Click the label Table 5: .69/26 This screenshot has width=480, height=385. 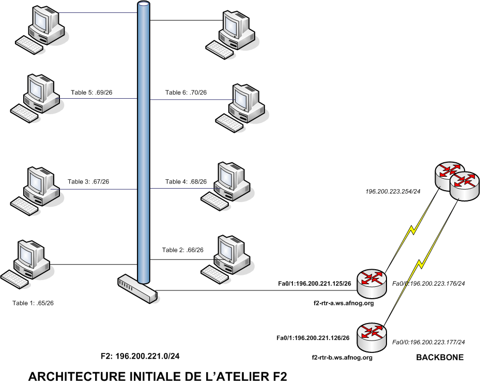tap(91, 93)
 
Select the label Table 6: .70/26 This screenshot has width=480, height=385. tap(186, 93)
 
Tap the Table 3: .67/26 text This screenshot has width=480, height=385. tap(88, 181)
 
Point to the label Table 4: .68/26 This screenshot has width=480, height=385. tap(186, 181)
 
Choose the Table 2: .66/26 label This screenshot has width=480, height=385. tap(183, 250)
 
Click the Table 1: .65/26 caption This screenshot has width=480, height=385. tap(33, 303)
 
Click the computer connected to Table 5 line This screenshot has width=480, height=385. tap(37, 98)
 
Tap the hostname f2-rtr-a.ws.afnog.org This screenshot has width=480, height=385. tap(344, 304)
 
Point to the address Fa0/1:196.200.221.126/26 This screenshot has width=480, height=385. tap(313, 338)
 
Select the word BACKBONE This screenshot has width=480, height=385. tap(440, 357)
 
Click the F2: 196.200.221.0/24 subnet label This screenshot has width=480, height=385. tap(140, 357)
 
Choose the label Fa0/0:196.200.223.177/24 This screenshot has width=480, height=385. tap(429, 342)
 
